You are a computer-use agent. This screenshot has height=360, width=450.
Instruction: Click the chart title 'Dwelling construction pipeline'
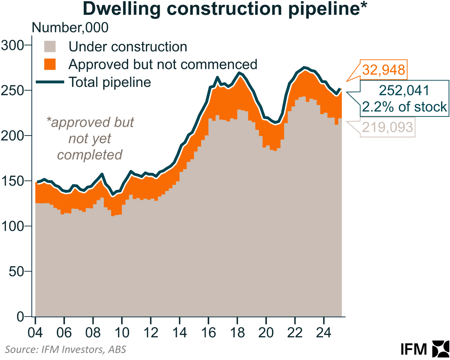click(224, 9)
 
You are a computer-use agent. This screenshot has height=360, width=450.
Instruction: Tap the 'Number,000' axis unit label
click(70, 28)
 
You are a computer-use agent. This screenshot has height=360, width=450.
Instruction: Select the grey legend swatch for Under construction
click(50, 47)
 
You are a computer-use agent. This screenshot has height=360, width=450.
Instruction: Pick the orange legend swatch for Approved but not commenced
click(50, 64)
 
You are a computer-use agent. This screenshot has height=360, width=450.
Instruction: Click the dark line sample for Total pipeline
click(50, 82)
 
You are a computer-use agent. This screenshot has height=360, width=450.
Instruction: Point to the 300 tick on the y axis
click(12, 45)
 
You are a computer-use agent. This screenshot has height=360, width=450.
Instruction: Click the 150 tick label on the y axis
click(12, 181)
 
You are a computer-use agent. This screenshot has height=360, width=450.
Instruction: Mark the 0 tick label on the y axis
click(20, 317)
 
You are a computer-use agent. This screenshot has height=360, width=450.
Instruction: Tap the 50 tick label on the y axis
click(16, 271)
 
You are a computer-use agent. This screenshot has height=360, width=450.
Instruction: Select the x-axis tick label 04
click(35, 333)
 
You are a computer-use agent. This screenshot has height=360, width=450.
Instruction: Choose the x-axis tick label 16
click(208, 333)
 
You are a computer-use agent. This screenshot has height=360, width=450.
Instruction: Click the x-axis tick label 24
click(324, 333)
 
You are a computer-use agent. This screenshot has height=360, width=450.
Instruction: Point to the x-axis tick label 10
click(122, 333)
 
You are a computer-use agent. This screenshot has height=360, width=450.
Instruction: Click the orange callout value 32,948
click(384, 70)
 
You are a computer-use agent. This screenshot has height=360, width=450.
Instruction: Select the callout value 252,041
click(404, 90)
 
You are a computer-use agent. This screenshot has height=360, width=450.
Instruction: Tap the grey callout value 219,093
click(387, 127)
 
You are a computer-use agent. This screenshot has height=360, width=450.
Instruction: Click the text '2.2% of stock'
click(404, 107)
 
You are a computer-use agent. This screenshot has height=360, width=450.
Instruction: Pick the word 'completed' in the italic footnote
click(90, 155)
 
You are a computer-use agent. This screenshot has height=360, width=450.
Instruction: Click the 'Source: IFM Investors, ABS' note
click(66, 350)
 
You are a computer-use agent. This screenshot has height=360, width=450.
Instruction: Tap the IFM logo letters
click(414, 349)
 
